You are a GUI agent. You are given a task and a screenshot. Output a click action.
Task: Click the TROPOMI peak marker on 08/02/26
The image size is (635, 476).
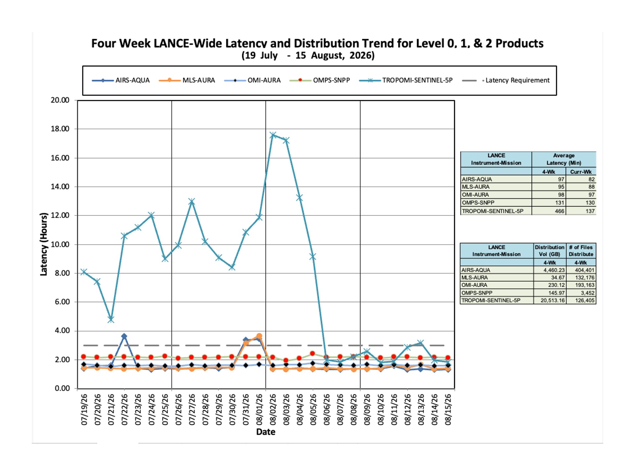(x=273, y=135)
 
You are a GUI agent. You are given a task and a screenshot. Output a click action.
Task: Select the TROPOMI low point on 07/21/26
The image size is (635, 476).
(x=111, y=319)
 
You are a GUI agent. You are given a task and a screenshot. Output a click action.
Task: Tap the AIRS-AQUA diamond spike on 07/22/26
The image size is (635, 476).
(x=124, y=336)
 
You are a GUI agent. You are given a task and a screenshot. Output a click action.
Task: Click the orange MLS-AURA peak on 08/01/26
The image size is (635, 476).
(x=259, y=336)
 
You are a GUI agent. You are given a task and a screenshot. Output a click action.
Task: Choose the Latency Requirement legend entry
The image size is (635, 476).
(x=506, y=80)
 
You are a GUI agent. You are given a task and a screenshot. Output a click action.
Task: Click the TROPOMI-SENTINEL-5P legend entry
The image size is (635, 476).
(x=406, y=80)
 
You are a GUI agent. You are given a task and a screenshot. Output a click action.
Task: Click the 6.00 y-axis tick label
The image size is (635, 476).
(x=62, y=302)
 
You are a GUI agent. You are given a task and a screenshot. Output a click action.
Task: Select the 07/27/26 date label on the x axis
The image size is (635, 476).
(x=192, y=409)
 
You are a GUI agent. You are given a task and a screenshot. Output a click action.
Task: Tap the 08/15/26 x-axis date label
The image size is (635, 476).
(x=448, y=409)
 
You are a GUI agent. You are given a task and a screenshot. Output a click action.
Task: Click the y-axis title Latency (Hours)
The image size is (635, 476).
(x=44, y=244)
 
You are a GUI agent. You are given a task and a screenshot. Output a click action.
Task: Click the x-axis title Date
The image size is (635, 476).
(x=266, y=432)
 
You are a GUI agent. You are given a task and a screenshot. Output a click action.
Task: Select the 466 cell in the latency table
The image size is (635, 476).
(x=560, y=211)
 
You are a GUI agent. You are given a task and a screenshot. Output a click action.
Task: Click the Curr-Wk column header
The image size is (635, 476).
(x=581, y=172)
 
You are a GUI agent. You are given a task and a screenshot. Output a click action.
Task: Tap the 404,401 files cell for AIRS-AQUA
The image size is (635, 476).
(x=584, y=270)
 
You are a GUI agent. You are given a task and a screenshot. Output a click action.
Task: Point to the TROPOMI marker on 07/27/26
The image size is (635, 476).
(x=192, y=201)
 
